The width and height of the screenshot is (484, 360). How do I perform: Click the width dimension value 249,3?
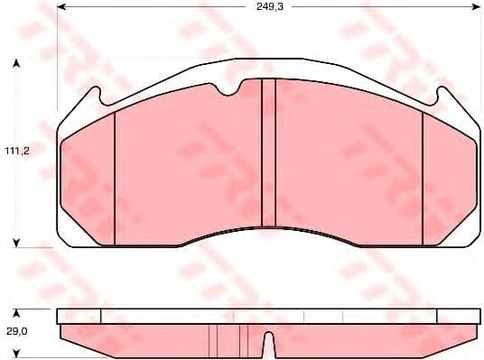tap(266, 6)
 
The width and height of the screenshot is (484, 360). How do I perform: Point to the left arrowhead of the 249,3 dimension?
tap(60, 6)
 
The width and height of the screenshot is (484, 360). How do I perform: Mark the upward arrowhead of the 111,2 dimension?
tap(16, 64)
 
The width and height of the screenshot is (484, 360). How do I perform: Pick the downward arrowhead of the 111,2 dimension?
tap(16, 241)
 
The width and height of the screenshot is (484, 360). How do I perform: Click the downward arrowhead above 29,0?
tap(16, 304)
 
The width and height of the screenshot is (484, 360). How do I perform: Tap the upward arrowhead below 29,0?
tap(16, 355)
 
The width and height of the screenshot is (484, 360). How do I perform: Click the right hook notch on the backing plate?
tap(438, 95)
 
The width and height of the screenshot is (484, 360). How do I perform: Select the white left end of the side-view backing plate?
tap(78, 316)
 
